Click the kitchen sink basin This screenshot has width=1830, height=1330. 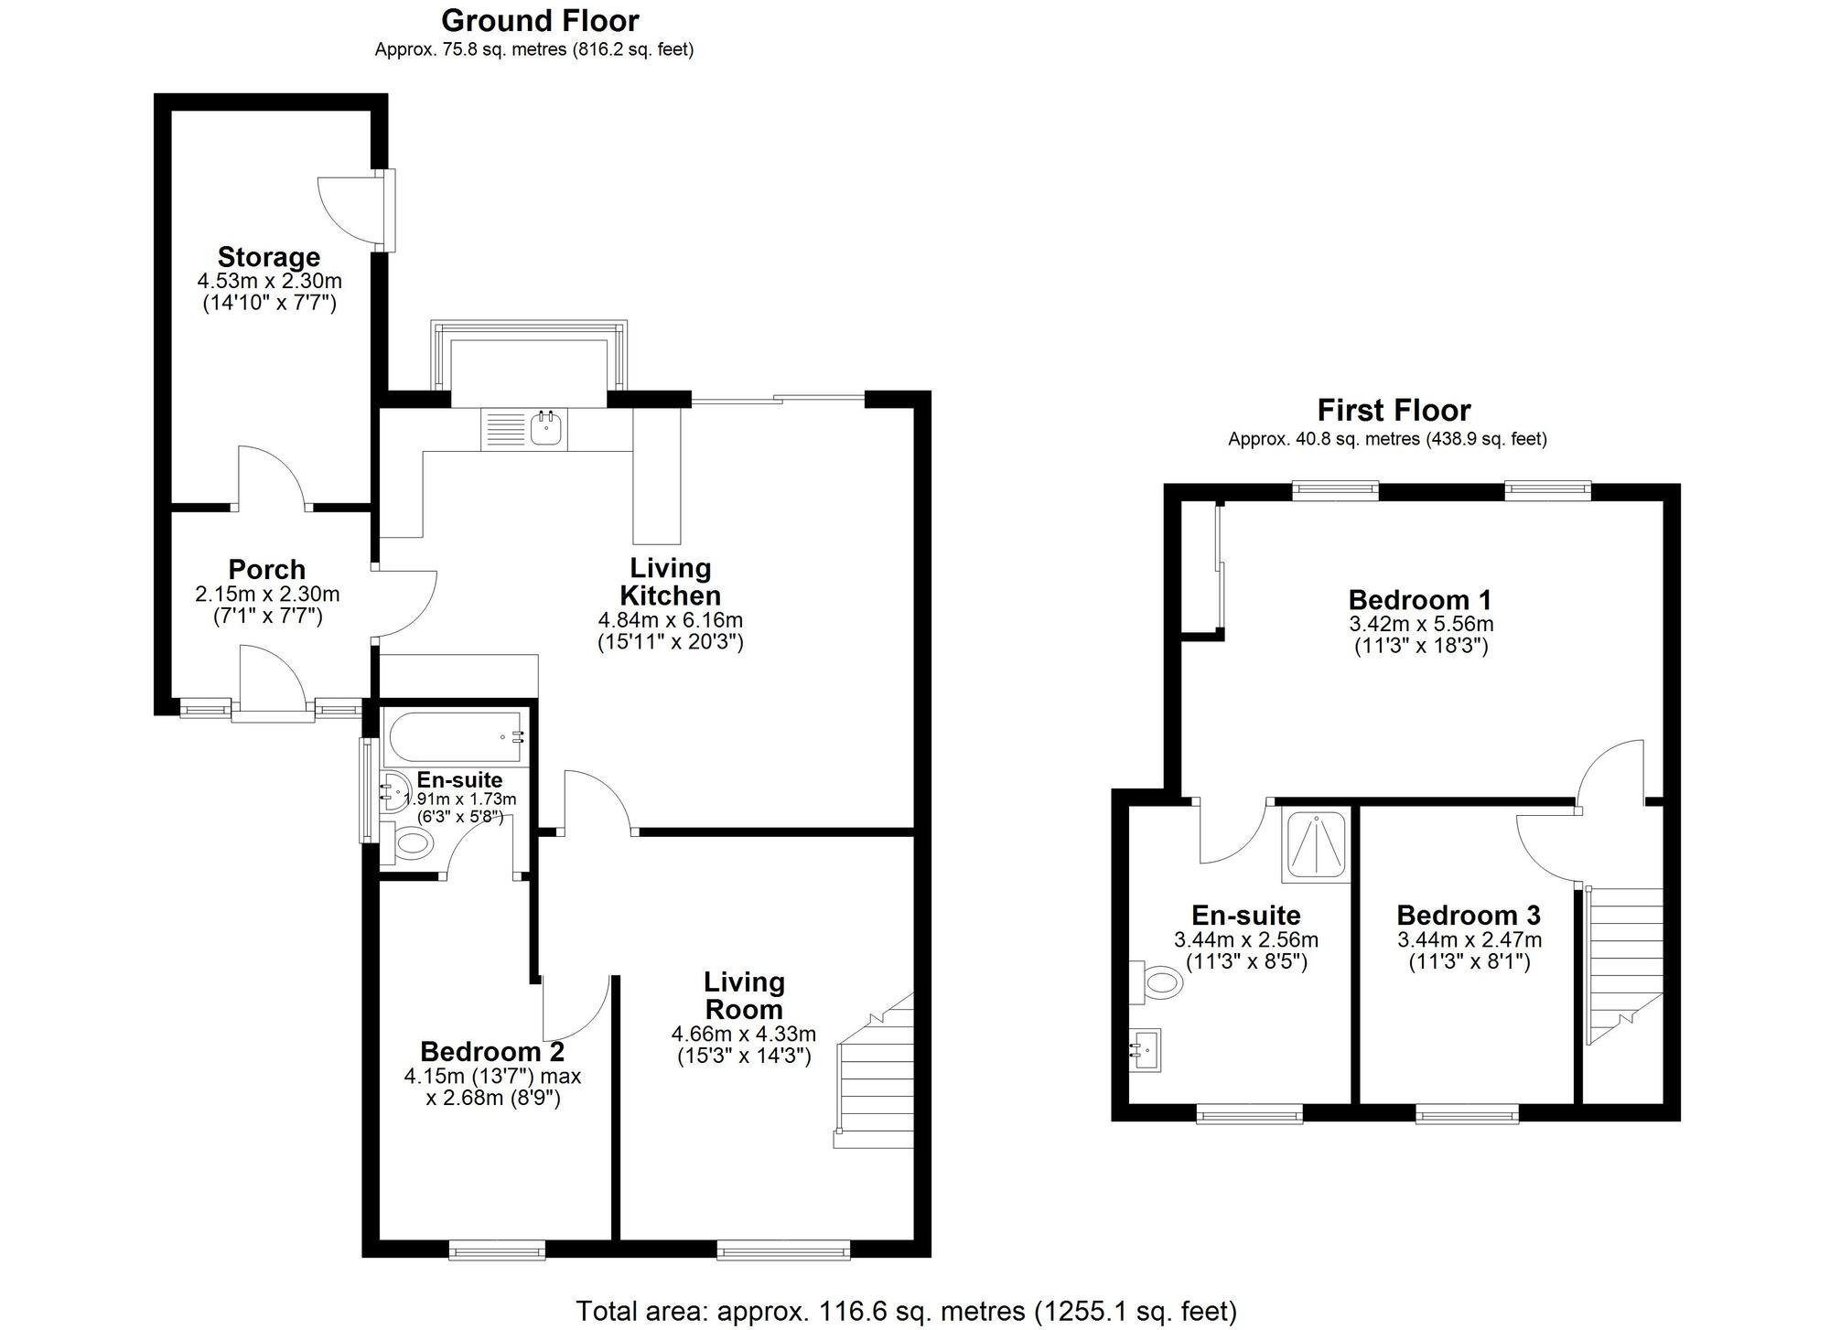point(546,428)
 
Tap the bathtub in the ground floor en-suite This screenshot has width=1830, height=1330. point(454,738)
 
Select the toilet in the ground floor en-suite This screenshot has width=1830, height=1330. point(410,842)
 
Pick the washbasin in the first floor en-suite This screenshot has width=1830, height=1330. point(1146,1050)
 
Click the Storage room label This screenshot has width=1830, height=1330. point(269,257)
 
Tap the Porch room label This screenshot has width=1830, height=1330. point(267,569)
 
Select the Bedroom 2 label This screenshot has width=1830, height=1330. point(492,1051)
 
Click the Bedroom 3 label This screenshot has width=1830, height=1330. point(1468,916)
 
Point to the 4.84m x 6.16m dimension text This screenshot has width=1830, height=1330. point(670,620)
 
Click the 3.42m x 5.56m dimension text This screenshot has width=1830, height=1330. point(1420,625)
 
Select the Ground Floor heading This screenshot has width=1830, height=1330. point(540,20)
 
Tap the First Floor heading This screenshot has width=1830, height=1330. point(1394,410)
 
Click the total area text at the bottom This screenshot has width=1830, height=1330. point(906,1311)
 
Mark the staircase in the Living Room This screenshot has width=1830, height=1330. point(877,1079)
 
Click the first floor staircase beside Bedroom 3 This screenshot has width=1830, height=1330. point(1625,960)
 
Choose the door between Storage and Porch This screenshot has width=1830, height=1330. point(272,480)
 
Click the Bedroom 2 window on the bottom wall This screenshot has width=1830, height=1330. point(497,1250)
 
